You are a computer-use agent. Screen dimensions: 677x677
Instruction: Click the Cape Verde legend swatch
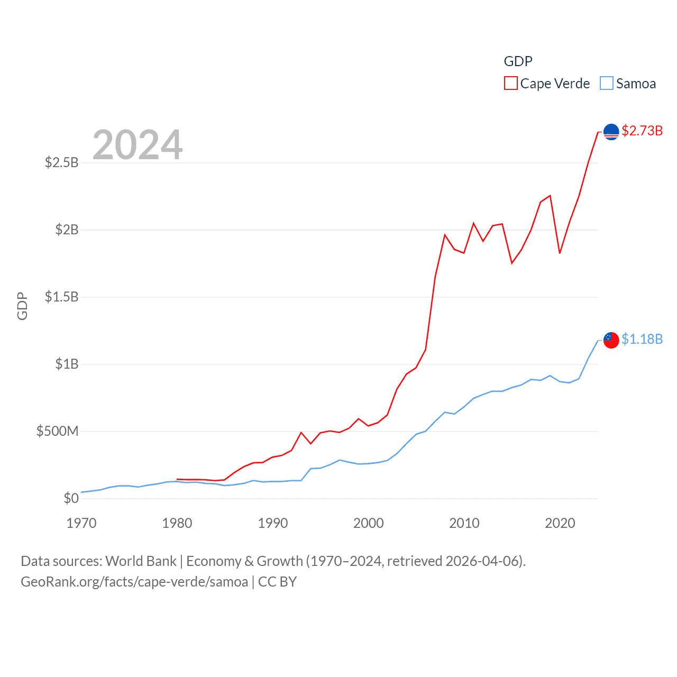[510, 84]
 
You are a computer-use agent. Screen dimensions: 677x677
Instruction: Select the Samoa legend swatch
[607, 84]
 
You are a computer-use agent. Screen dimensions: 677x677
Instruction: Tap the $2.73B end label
[642, 131]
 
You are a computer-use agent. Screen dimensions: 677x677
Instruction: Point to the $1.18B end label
[642, 339]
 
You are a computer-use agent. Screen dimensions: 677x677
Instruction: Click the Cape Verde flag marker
[611, 131]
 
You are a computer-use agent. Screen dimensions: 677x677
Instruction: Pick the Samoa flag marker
[611, 340]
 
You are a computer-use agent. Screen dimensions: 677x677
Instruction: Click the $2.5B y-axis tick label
[62, 162]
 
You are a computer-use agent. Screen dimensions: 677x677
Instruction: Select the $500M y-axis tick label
[57, 431]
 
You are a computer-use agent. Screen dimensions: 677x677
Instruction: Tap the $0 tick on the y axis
[71, 498]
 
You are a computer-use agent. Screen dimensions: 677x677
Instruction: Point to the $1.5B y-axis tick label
[62, 297]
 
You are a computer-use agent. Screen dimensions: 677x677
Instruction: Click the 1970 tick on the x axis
[81, 523]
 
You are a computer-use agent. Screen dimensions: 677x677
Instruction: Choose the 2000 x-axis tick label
[369, 523]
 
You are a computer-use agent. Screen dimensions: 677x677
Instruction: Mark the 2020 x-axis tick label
[560, 523]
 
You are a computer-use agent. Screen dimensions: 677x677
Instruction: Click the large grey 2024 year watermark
[138, 145]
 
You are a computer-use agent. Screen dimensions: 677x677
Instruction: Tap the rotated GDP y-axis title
[22, 306]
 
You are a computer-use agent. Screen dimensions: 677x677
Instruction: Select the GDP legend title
[518, 61]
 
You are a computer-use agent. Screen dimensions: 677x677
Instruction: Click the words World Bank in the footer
[141, 561]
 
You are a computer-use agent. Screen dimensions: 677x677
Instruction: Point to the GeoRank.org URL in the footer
[134, 582]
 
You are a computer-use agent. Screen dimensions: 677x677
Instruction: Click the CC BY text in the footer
[277, 582]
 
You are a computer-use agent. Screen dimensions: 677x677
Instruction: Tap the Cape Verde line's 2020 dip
[560, 253]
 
